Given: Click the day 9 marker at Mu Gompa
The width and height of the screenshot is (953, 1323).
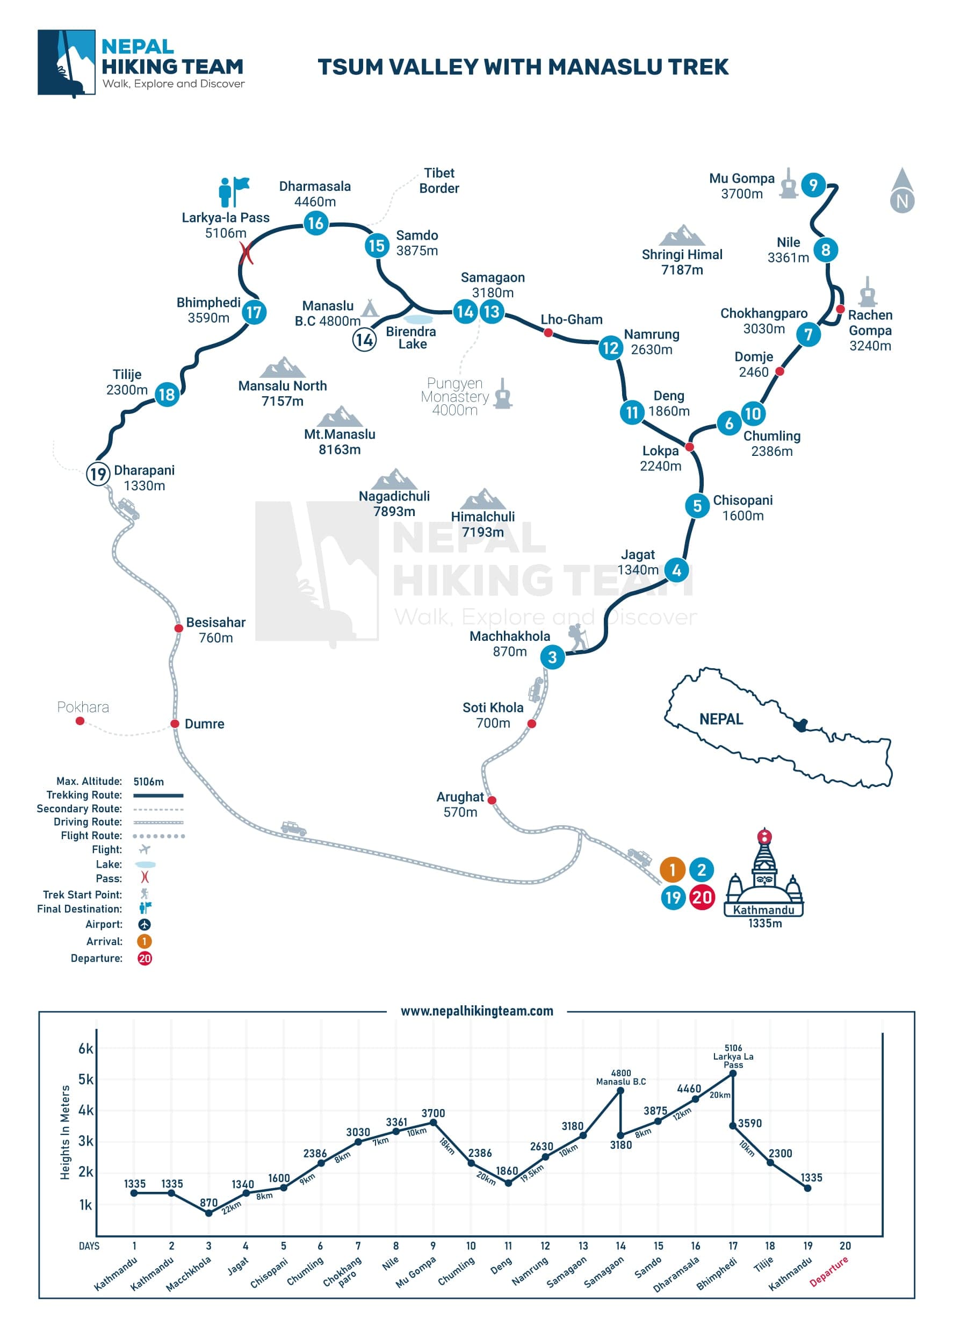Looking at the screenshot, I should tap(813, 185).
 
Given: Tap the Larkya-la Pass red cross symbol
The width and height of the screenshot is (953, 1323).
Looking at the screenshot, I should tap(247, 253).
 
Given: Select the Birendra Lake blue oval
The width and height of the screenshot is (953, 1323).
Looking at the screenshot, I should tap(418, 320).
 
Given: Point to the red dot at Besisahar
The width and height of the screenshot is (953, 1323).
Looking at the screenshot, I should tap(179, 628).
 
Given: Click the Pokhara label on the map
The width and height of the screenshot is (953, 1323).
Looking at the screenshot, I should tap(83, 707).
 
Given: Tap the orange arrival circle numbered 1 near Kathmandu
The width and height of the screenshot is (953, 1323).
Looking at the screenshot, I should tap(672, 870).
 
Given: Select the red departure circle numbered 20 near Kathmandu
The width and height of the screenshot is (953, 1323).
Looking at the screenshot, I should tap(702, 897).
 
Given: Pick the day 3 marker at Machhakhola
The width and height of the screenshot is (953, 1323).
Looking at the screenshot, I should tap(552, 657).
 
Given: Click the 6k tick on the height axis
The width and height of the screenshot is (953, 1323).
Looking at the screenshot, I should tap(85, 1049).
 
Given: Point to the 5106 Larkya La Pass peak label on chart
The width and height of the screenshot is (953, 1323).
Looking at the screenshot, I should tap(733, 1056).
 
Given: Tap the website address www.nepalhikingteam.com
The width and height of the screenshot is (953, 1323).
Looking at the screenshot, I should tap(477, 1011).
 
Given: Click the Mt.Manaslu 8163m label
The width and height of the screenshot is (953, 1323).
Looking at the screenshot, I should tap(340, 441).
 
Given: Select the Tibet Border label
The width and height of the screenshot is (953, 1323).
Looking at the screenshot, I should tap(439, 180).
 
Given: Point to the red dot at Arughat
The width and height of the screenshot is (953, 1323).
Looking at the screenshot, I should tap(492, 800).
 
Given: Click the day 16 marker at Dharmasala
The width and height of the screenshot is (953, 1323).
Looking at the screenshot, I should tap(315, 223).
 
